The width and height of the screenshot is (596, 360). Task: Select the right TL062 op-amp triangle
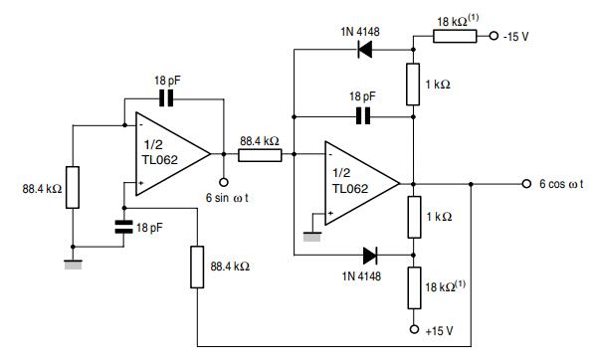point(359,184)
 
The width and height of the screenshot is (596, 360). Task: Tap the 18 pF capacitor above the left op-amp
point(165,99)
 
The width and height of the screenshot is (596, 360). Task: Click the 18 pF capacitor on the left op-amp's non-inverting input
point(123,227)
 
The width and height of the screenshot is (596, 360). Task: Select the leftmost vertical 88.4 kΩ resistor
point(73,188)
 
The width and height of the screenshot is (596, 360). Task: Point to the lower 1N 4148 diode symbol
point(370,256)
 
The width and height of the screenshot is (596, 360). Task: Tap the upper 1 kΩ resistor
point(413,85)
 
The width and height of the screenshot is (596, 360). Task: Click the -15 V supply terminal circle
point(494,37)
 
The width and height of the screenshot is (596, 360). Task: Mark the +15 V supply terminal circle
point(413,326)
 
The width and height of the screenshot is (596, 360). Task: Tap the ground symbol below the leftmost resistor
point(73,264)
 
